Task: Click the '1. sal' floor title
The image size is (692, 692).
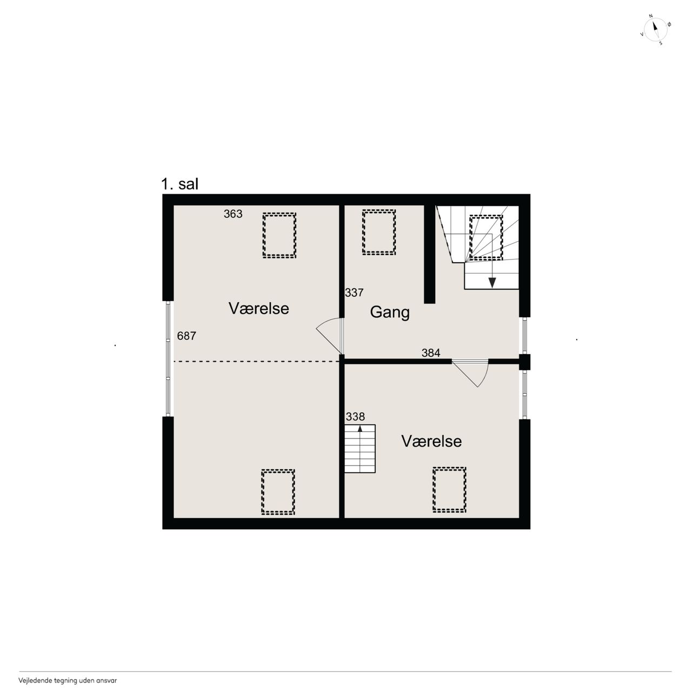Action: click(179, 184)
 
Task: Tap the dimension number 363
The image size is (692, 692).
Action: click(233, 214)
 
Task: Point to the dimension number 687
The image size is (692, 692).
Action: click(187, 336)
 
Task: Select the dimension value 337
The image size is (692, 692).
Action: click(355, 292)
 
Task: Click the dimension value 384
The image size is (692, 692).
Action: click(431, 353)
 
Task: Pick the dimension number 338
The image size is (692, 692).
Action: click(356, 417)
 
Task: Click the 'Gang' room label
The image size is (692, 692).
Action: click(390, 312)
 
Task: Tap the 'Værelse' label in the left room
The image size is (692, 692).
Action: click(259, 309)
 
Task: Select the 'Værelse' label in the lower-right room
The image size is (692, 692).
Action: click(431, 441)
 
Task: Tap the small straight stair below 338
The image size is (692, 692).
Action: click(360, 449)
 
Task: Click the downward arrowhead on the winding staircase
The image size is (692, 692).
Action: click(492, 283)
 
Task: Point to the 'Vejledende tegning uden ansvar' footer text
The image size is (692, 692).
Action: click(68, 680)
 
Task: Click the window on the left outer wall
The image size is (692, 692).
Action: click(168, 358)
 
